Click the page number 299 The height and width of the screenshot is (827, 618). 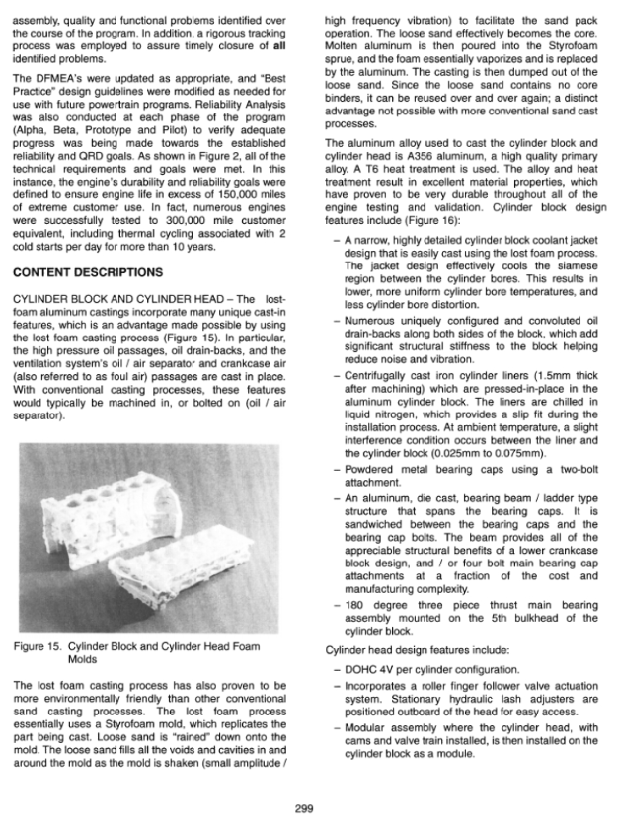coord(304,808)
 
